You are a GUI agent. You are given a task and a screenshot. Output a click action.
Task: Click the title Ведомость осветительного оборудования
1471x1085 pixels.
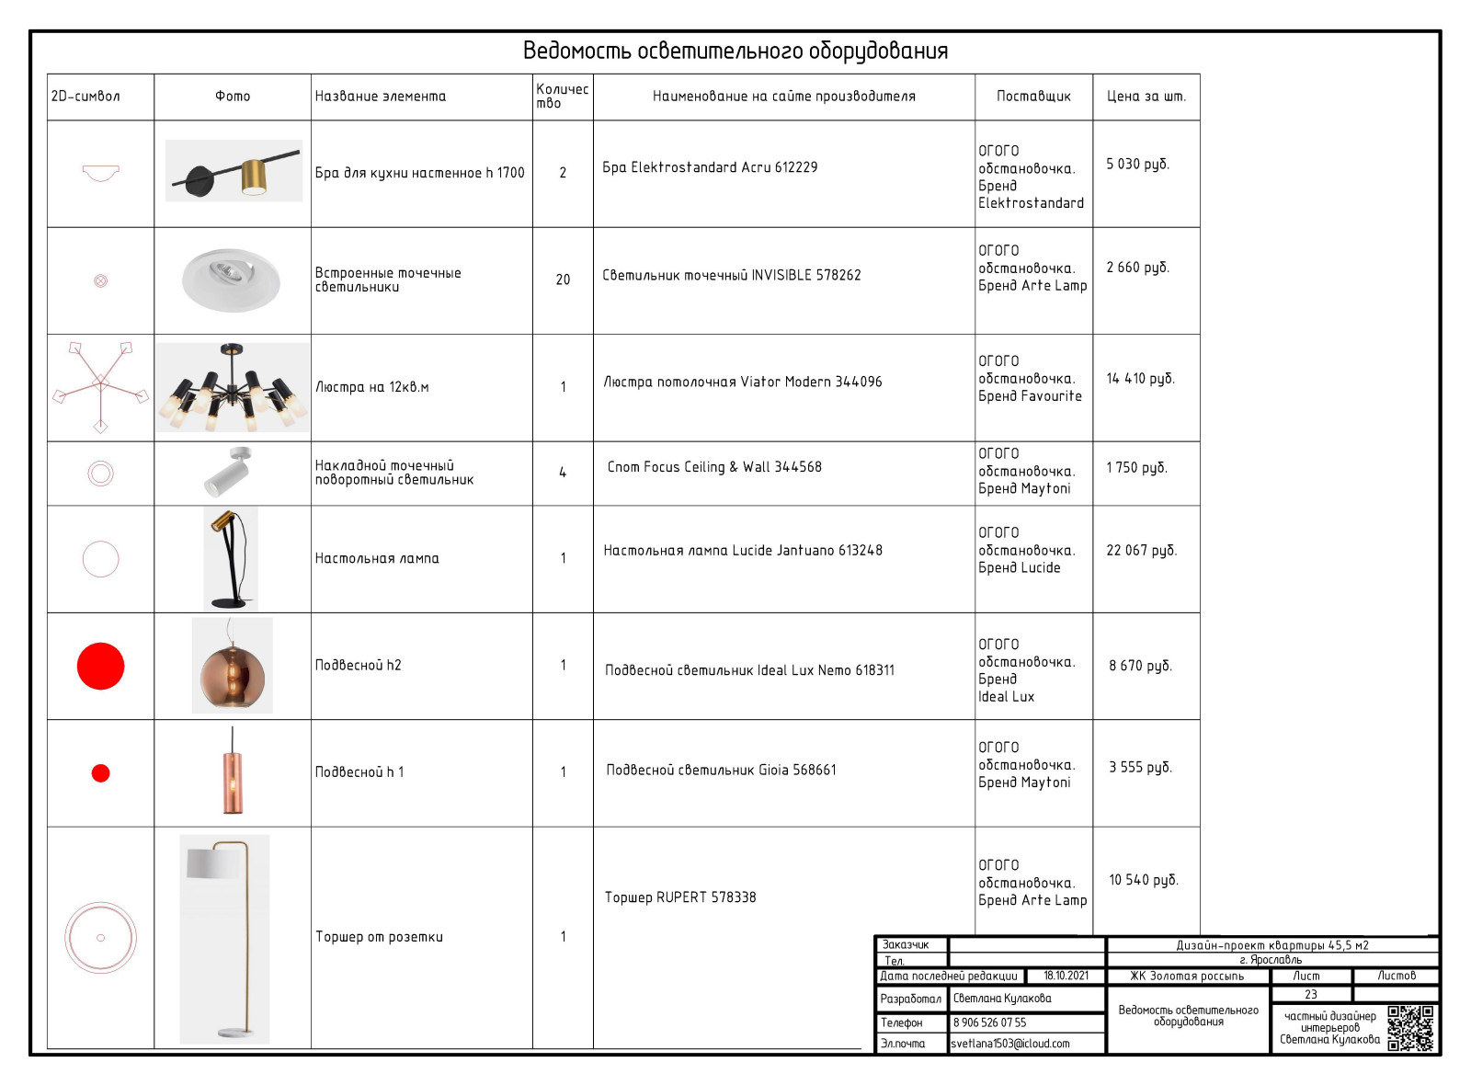point(735,51)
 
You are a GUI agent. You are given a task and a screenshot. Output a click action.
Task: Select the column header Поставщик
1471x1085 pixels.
point(1033,97)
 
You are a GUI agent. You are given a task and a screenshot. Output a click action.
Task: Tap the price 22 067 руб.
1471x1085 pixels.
point(1141,550)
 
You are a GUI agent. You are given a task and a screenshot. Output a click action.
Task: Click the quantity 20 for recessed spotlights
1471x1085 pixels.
point(563,280)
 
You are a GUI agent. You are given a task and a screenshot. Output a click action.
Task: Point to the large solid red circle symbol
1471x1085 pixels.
point(100,666)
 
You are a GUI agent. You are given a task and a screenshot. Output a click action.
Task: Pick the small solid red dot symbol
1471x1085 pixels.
point(101,773)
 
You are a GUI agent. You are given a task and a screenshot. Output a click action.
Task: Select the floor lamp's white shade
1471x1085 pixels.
point(213,863)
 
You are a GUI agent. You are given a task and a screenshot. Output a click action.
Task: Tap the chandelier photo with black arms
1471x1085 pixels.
point(232,387)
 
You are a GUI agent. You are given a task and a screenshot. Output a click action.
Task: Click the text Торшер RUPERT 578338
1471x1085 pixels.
point(680,897)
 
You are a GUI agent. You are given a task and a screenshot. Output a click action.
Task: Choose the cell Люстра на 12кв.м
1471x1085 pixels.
point(372,387)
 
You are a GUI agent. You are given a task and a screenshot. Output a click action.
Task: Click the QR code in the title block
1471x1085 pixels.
point(1410,1028)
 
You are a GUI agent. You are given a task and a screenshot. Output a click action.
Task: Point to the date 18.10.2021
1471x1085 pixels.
point(1066,976)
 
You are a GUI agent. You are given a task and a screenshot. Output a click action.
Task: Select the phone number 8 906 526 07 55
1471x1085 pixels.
point(989,1022)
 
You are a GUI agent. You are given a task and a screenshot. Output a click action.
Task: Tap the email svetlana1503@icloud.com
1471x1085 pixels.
point(1010,1044)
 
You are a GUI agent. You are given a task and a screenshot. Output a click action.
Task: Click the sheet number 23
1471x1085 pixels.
point(1310,994)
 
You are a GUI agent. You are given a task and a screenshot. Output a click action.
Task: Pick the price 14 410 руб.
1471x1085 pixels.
point(1140,379)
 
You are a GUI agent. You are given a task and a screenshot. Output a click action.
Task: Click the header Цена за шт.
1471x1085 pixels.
point(1146,97)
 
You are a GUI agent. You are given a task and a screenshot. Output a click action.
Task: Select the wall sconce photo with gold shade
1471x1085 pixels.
point(234,171)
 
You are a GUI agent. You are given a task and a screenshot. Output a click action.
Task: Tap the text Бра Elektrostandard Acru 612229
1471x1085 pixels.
point(710,167)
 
